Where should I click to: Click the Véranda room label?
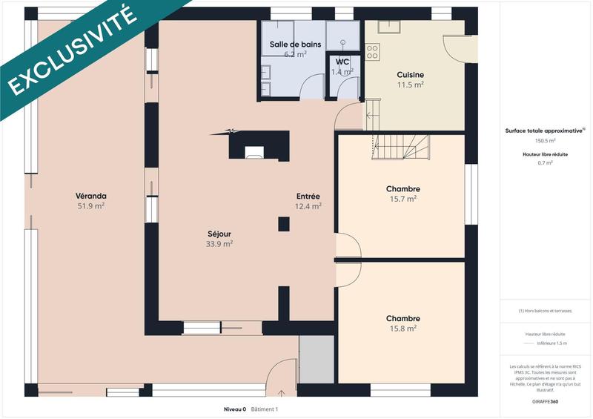point(90,196)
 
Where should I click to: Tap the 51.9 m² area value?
point(90,206)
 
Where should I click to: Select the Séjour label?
point(219,232)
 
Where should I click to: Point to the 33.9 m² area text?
point(219,243)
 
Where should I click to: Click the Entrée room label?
point(308,196)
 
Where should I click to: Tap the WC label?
point(342,62)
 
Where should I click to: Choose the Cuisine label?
point(410,75)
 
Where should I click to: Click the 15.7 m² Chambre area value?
point(403,199)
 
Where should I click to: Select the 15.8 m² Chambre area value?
point(403,329)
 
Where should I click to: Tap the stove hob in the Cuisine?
point(372,52)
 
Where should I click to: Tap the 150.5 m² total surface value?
point(545,139)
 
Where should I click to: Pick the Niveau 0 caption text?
point(234,409)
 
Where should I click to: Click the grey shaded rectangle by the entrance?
point(317,359)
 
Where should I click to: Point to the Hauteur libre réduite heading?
point(545,154)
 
